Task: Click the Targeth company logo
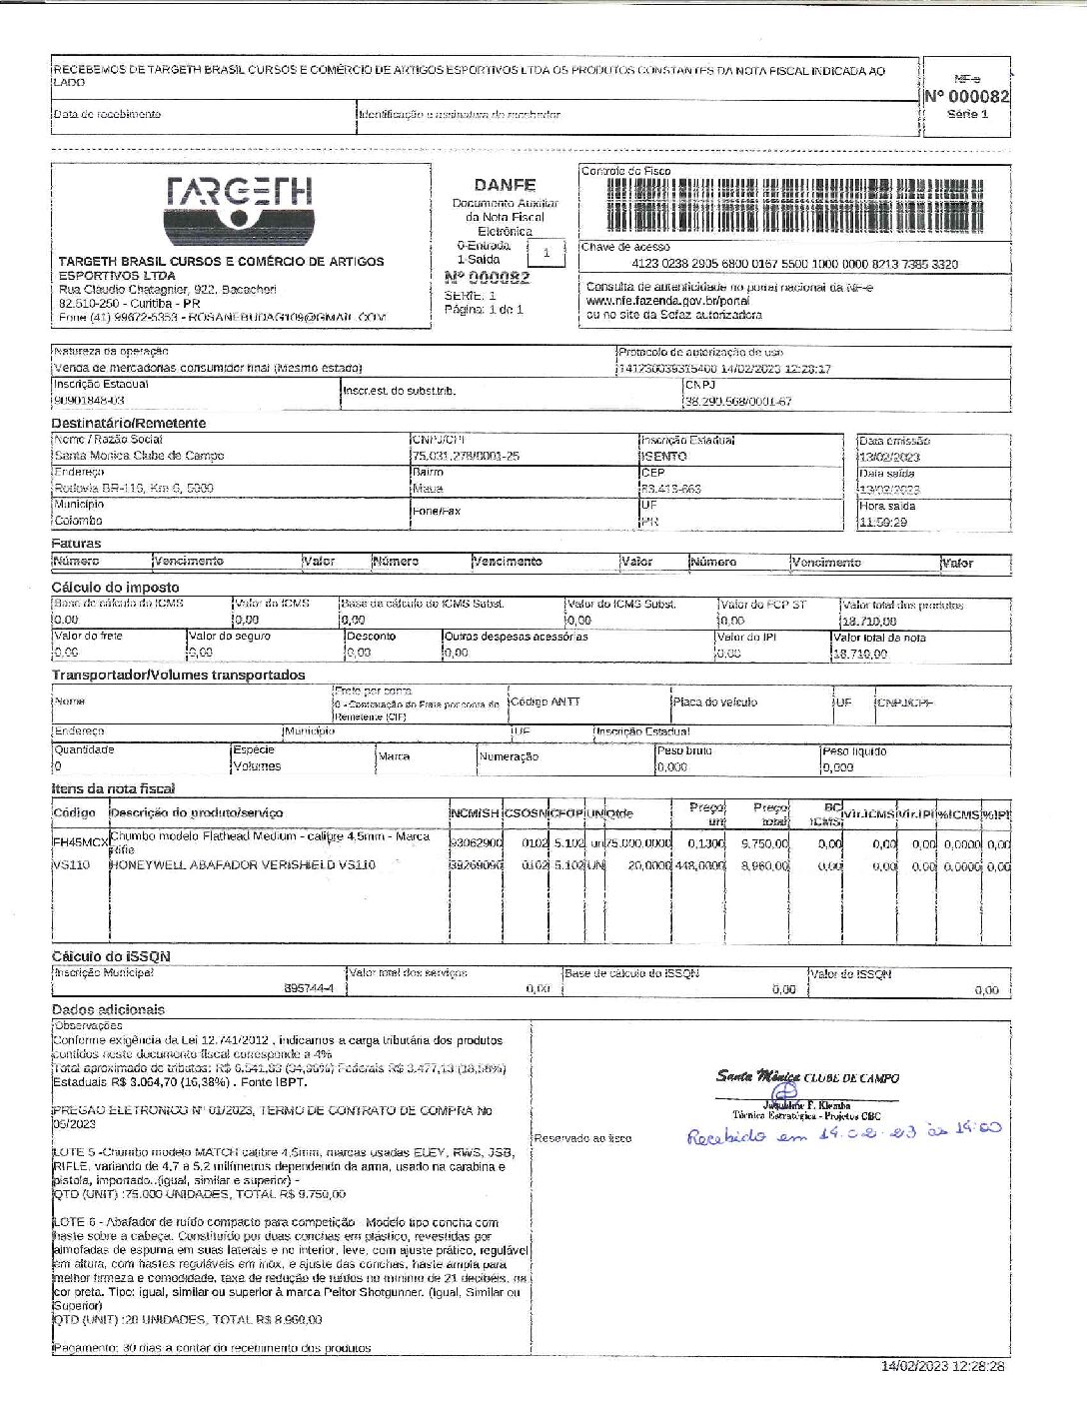(240, 209)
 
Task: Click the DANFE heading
(505, 185)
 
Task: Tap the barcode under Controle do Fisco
(794, 204)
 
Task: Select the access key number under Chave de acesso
(794, 265)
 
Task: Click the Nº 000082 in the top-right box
(966, 97)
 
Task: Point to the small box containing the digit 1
(545, 253)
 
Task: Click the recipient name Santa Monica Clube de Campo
(139, 456)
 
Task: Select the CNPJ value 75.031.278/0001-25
(466, 456)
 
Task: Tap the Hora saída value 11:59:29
(883, 522)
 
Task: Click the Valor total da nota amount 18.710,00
(863, 654)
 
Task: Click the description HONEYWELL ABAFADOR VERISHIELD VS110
(243, 865)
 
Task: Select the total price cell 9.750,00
(764, 844)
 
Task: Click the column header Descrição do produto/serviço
(197, 812)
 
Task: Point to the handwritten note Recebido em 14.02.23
(842, 1134)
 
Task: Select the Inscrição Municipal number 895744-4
(309, 988)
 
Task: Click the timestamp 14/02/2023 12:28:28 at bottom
(942, 1366)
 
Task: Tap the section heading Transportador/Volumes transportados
(179, 676)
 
